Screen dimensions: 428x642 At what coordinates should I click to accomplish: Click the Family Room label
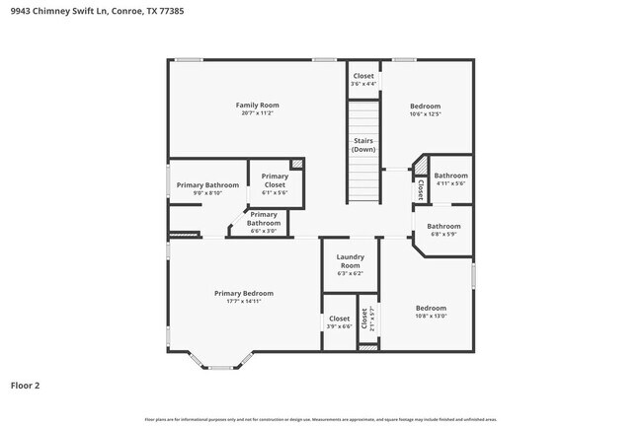pyautogui.click(x=257, y=105)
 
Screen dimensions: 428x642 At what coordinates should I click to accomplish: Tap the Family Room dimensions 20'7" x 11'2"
pyautogui.click(x=257, y=113)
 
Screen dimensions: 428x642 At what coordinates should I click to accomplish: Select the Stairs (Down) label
pyautogui.click(x=363, y=145)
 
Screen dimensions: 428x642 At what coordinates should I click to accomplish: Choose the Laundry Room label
pyautogui.click(x=351, y=261)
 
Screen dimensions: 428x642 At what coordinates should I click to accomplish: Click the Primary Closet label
pyautogui.click(x=275, y=180)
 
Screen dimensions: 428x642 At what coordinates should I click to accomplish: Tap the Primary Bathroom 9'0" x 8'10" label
pyautogui.click(x=207, y=185)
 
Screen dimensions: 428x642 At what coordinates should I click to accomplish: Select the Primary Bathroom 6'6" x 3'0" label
pyautogui.click(x=264, y=219)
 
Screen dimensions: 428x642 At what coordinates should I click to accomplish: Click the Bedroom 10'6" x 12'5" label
pyautogui.click(x=425, y=106)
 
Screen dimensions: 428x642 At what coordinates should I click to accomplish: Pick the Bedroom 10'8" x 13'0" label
pyautogui.click(x=431, y=308)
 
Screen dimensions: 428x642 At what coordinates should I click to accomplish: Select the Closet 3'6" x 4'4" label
pyautogui.click(x=363, y=80)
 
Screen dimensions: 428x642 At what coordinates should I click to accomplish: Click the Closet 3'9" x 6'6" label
pyautogui.click(x=339, y=322)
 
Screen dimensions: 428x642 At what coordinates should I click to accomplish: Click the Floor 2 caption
pyautogui.click(x=25, y=386)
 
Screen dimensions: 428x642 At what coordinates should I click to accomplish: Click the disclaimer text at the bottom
pyautogui.click(x=320, y=419)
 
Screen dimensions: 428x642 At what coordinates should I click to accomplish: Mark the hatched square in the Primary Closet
pyautogui.click(x=296, y=164)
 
